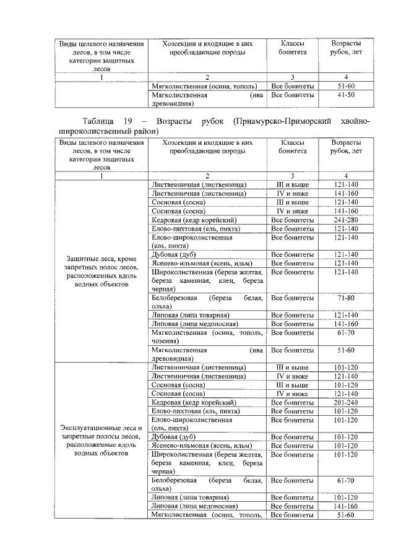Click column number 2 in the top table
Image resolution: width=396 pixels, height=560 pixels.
[208, 77]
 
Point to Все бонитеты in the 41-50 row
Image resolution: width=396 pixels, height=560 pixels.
[292, 96]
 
